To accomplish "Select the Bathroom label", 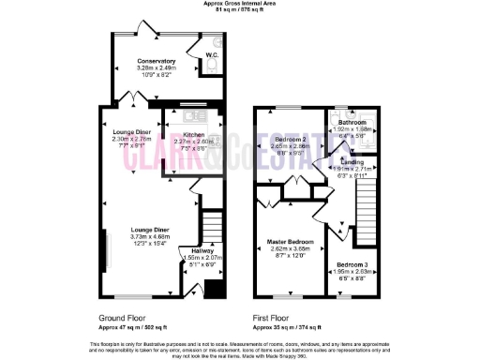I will coord(352,123).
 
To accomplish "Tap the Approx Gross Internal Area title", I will coord(240,4).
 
